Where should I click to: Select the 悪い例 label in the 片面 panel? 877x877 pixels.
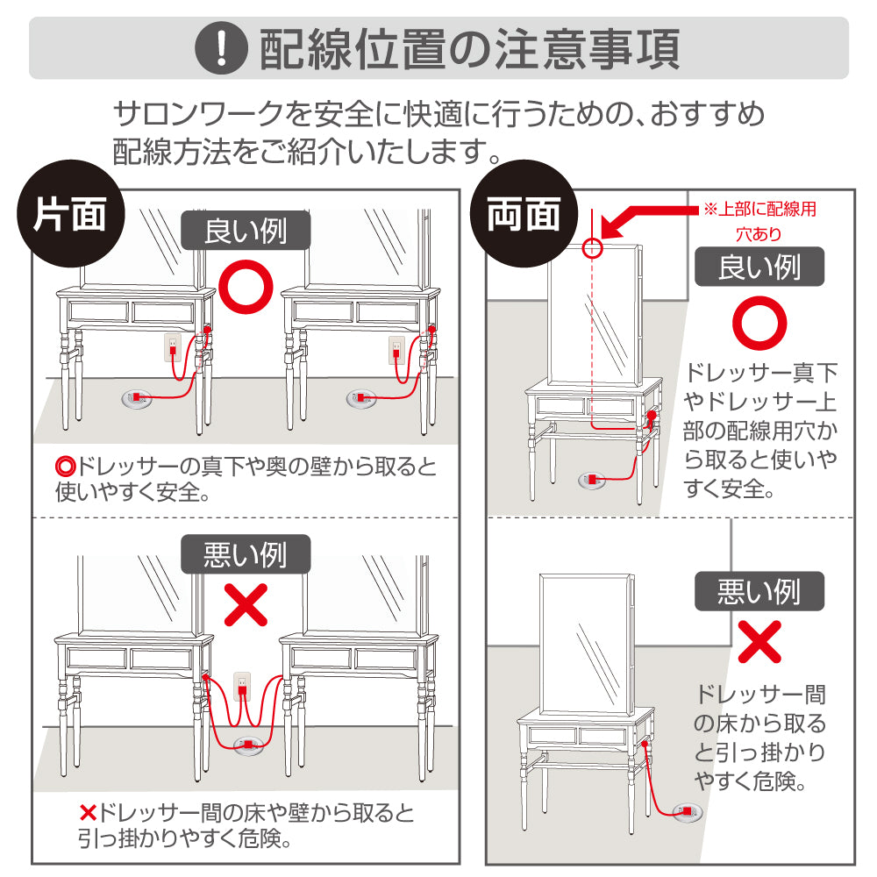point(246,554)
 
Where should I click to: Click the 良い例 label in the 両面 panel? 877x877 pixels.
point(759,267)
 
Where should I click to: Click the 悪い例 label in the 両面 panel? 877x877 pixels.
point(759,592)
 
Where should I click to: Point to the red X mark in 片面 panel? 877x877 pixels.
point(246,605)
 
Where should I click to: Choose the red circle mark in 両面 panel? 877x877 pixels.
point(759,324)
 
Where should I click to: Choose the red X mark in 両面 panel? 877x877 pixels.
point(759,642)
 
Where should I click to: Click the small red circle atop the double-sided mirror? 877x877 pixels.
point(593,248)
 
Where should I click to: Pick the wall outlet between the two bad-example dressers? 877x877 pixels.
point(243,686)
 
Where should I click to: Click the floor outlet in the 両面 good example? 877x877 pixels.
point(593,479)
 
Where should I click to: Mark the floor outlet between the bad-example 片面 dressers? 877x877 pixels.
point(248,745)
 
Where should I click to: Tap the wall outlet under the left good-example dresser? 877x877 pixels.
point(173,348)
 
